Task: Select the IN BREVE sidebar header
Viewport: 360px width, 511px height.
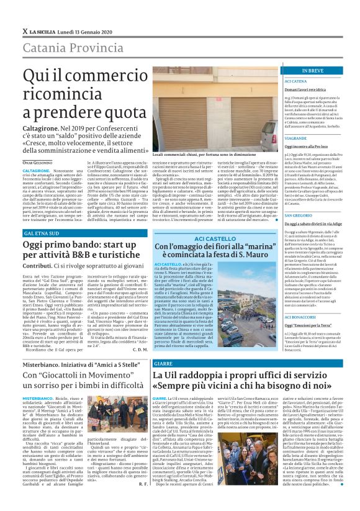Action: tap(297, 71)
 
